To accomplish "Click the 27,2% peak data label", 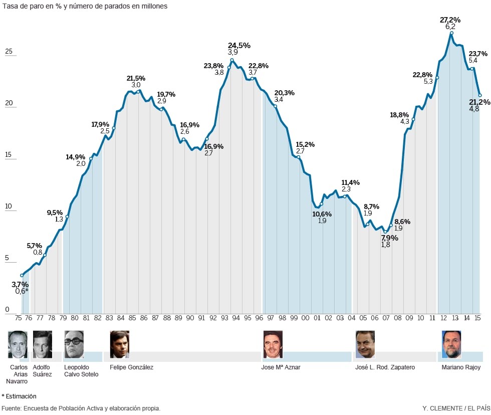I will pos(450,20).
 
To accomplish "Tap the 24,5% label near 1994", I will pos(239,45).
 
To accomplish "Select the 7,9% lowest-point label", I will pos(389,238).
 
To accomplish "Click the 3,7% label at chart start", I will pos(20,284).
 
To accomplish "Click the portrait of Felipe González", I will pos(119,344).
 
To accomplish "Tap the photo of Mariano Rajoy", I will pos(451,344).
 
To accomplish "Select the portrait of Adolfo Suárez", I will pos(42,344).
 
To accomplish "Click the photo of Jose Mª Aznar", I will pos(273,344).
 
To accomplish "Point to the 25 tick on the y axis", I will pos(8,52).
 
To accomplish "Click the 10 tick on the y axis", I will pos(8,206).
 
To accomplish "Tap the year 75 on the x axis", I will pos(18,317).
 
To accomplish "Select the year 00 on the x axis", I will pos(305,317).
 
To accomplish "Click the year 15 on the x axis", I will pos(477,317).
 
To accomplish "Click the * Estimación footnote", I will pos(19,396).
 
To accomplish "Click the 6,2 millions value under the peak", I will pos(450,27).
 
